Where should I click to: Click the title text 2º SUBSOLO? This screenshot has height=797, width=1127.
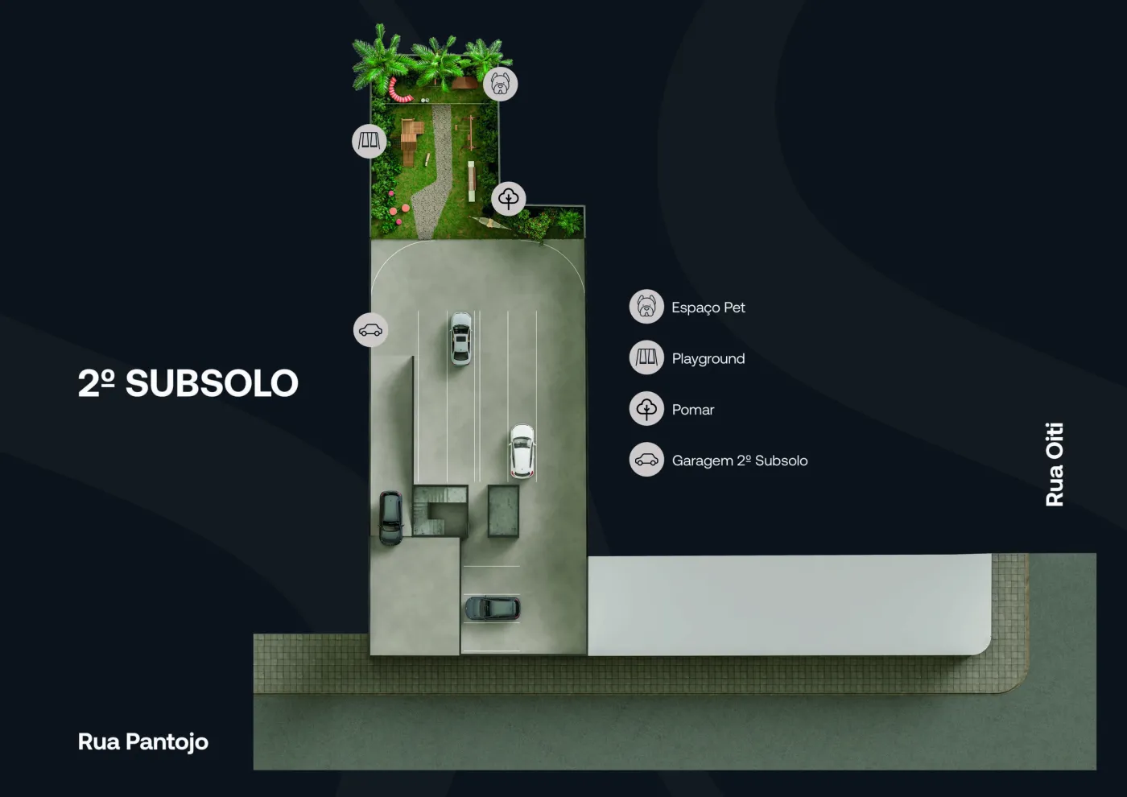[x=188, y=383]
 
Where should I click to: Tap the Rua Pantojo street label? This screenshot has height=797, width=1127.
[x=143, y=742]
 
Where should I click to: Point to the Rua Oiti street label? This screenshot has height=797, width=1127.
[x=1055, y=465]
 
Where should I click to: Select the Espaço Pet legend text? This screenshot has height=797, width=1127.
[x=708, y=308]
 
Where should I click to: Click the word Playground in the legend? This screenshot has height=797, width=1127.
[x=708, y=359]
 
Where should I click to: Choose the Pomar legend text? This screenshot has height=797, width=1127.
[x=693, y=410]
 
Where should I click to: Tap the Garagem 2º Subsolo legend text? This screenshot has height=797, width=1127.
[x=740, y=460]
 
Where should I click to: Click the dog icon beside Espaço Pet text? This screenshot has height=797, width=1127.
[x=646, y=307]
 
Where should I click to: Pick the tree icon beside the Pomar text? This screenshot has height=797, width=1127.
[x=646, y=409]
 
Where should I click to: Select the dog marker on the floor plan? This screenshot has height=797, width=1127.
[x=500, y=84]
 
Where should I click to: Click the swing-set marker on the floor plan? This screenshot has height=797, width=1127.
[x=369, y=142]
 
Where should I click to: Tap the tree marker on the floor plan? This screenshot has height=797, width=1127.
[x=509, y=199]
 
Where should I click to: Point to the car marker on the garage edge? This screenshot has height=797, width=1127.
[x=371, y=330]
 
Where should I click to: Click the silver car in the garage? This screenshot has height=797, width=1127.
[x=460, y=339]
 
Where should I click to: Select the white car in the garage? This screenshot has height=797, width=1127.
[x=522, y=451]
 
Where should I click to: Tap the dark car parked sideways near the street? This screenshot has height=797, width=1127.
[x=493, y=609]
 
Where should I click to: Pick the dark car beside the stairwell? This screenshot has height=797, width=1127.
[x=390, y=518]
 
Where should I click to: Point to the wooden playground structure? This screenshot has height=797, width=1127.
[x=411, y=141]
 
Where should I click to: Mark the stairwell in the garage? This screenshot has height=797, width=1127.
[x=440, y=511]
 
